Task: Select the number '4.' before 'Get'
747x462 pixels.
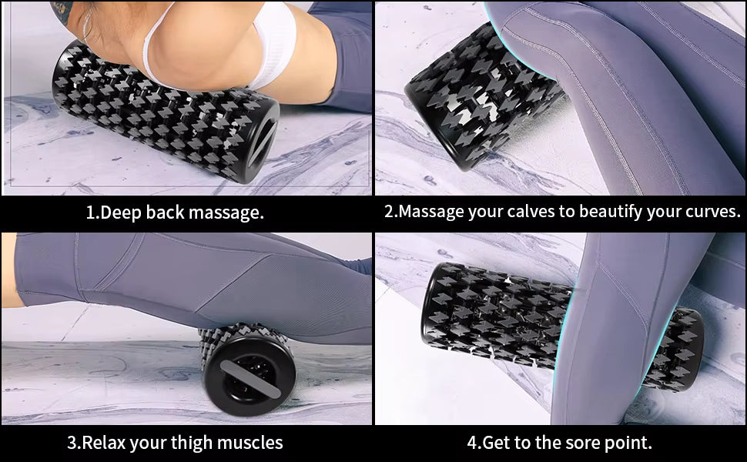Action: click(474, 443)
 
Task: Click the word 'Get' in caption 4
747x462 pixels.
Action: click(501, 443)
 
